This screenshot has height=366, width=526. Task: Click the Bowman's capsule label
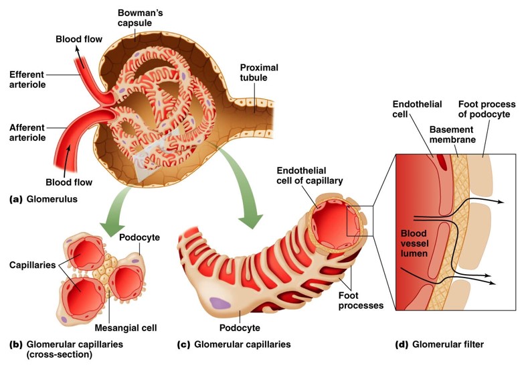tap(141, 18)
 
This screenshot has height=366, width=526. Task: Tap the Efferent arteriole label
tap(27, 79)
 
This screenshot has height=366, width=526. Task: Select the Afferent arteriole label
tap(27, 133)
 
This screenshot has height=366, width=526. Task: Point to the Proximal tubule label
tap(259, 72)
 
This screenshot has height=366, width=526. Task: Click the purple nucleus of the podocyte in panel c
tap(220, 303)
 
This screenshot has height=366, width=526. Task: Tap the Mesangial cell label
tap(126, 328)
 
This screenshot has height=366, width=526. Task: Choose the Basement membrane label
tap(452, 135)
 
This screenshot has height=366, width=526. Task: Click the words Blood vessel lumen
tap(414, 243)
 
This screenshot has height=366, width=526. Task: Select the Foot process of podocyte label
tap(487, 109)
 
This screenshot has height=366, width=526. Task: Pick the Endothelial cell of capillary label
tap(310, 176)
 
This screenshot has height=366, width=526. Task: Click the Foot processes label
tap(361, 300)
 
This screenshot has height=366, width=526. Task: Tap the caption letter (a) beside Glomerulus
tap(15, 199)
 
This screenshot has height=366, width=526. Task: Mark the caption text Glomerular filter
tap(448, 345)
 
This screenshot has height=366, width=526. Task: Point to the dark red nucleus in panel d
tap(443, 163)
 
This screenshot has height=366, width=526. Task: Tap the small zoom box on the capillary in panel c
tap(359, 221)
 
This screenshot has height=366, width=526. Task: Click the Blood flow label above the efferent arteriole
tap(79, 40)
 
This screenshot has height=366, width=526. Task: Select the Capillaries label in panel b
tap(33, 265)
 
